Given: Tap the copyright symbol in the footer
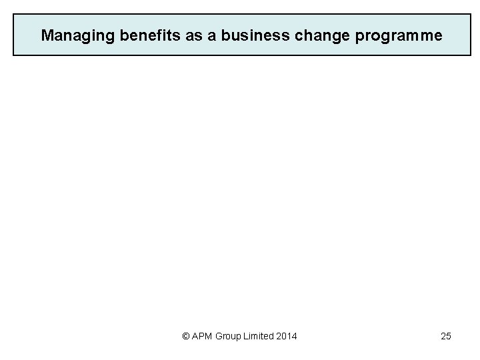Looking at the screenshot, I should [186, 336].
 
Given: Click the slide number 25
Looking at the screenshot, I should [446, 336].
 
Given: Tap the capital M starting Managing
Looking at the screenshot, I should [47, 35].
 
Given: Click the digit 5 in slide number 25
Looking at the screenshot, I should [449, 336].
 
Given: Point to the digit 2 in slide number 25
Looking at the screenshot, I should [443, 336].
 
